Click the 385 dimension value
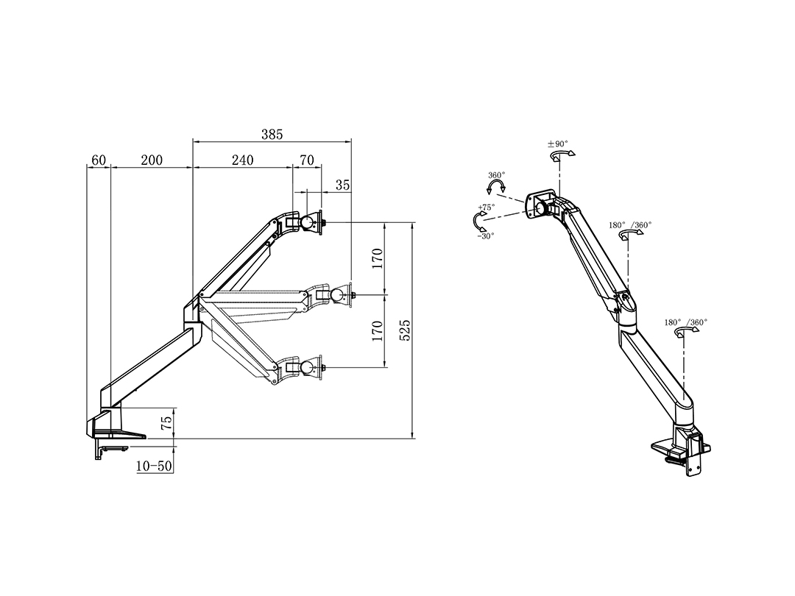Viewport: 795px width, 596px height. tap(272, 135)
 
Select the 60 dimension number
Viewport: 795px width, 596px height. tap(99, 160)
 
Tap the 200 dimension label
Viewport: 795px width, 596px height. tap(152, 160)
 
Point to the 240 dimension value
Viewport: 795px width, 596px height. tap(242, 160)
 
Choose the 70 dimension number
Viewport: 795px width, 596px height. tap(307, 160)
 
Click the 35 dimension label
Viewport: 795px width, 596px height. tap(342, 185)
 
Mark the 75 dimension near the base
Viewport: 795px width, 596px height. tap(166, 422)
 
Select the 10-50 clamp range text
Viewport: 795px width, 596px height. tap(154, 466)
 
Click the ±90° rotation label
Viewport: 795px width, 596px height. tap(558, 144)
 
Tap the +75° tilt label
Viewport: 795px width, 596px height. tap(486, 208)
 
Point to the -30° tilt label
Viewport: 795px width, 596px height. tap(485, 235)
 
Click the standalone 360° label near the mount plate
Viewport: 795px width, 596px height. tap(497, 175)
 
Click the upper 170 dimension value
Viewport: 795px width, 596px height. tap(377, 258)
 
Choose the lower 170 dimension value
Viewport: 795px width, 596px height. tap(377, 330)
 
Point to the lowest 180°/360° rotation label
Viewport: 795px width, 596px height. tap(685, 322)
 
